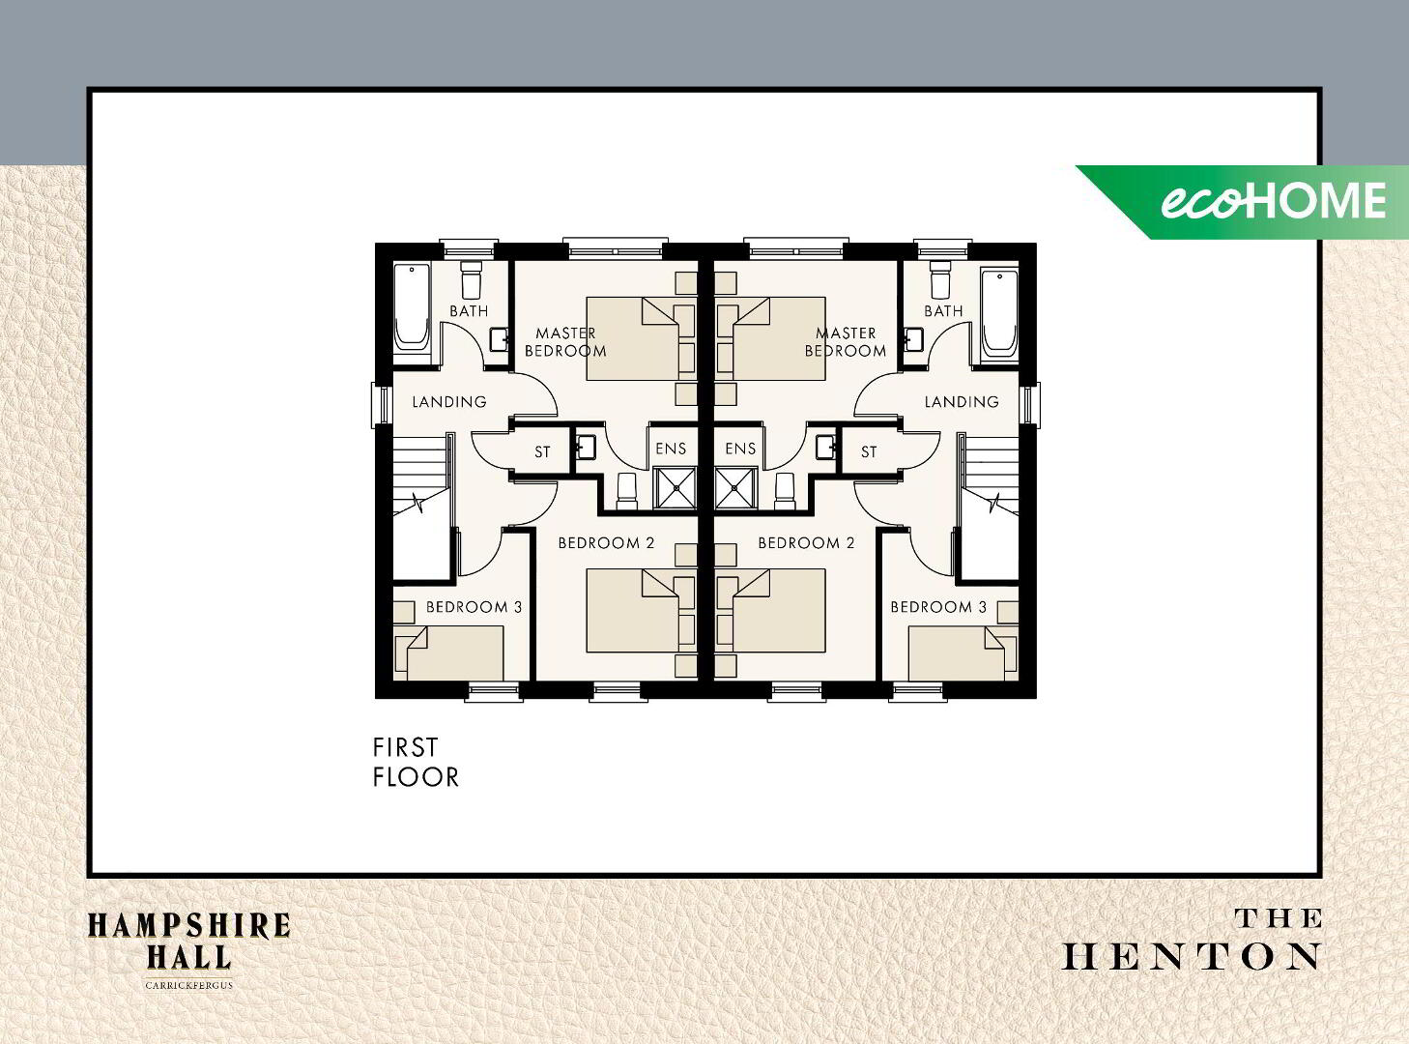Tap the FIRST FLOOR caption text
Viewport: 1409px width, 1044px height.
click(416, 763)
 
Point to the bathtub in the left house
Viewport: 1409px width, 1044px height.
click(412, 306)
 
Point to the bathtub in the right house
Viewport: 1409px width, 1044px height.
click(999, 309)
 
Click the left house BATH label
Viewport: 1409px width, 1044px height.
click(469, 310)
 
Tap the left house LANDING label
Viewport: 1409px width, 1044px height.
click(449, 401)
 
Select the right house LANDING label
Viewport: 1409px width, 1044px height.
click(962, 401)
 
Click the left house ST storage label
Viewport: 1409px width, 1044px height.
click(542, 451)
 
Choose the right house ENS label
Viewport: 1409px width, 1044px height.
click(740, 449)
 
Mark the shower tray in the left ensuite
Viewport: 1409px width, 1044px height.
click(675, 488)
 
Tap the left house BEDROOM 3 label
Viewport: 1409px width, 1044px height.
click(474, 607)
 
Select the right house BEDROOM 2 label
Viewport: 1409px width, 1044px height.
click(806, 542)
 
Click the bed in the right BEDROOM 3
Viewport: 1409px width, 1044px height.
click(957, 653)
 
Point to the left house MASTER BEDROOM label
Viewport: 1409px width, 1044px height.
click(565, 342)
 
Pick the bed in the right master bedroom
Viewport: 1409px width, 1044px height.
click(771, 338)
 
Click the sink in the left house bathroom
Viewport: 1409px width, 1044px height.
click(499, 339)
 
